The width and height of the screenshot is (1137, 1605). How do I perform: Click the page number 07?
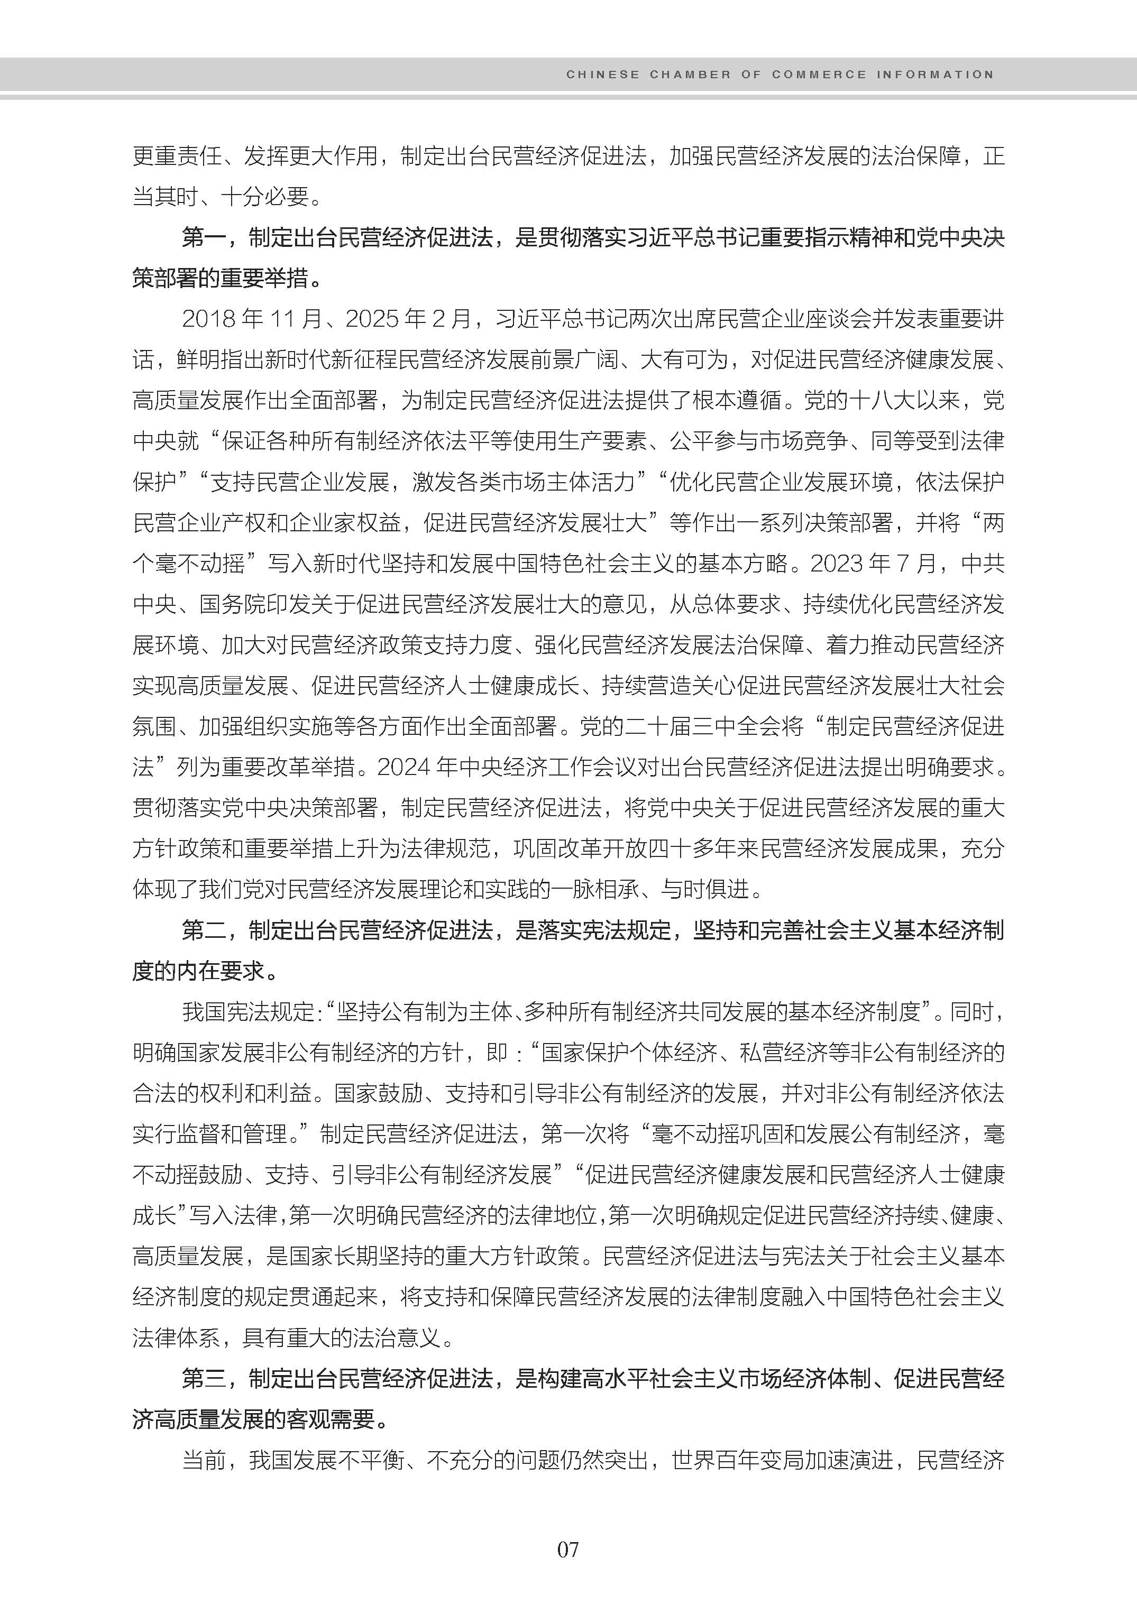point(568,1549)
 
